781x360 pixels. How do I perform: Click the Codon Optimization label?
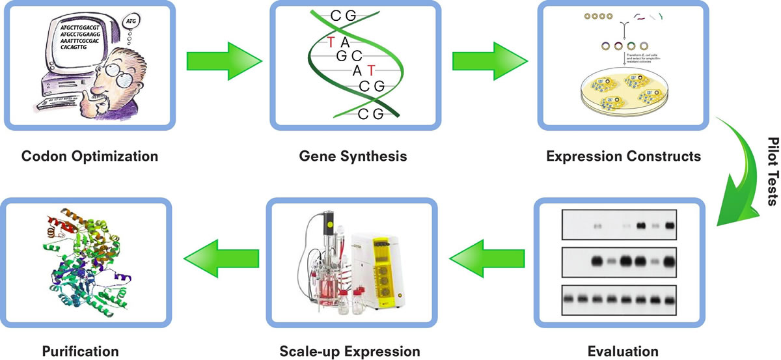click(x=90, y=157)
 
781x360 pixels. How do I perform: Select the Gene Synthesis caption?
click(x=353, y=157)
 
